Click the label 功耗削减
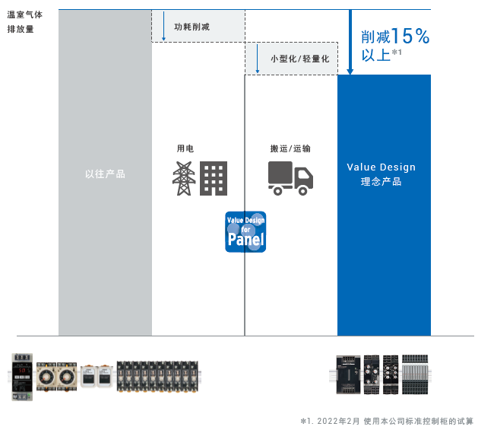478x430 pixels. tap(192, 27)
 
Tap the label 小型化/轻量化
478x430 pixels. tap(300, 59)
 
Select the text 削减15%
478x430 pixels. tap(395, 36)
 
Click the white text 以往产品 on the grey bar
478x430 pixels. tap(105, 174)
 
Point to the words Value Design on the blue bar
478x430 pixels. tap(381, 167)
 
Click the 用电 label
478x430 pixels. tap(185, 148)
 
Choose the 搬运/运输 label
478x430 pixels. tap(290, 148)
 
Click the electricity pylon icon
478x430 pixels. tap(184, 178)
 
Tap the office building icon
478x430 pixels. tap(214, 178)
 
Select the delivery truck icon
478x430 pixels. tap(290, 178)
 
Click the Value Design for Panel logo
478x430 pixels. tap(245, 232)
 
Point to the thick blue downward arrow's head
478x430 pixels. tap(350, 72)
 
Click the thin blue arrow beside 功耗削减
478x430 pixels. tap(163, 26)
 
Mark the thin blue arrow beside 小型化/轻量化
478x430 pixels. tap(258, 59)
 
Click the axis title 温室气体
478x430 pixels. tap(24, 14)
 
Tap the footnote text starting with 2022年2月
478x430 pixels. tap(395, 421)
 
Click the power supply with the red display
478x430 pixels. tap(22, 377)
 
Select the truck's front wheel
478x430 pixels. tap(302, 191)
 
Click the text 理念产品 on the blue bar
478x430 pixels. tap(381, 181)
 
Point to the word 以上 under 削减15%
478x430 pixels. tap(376, 56)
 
